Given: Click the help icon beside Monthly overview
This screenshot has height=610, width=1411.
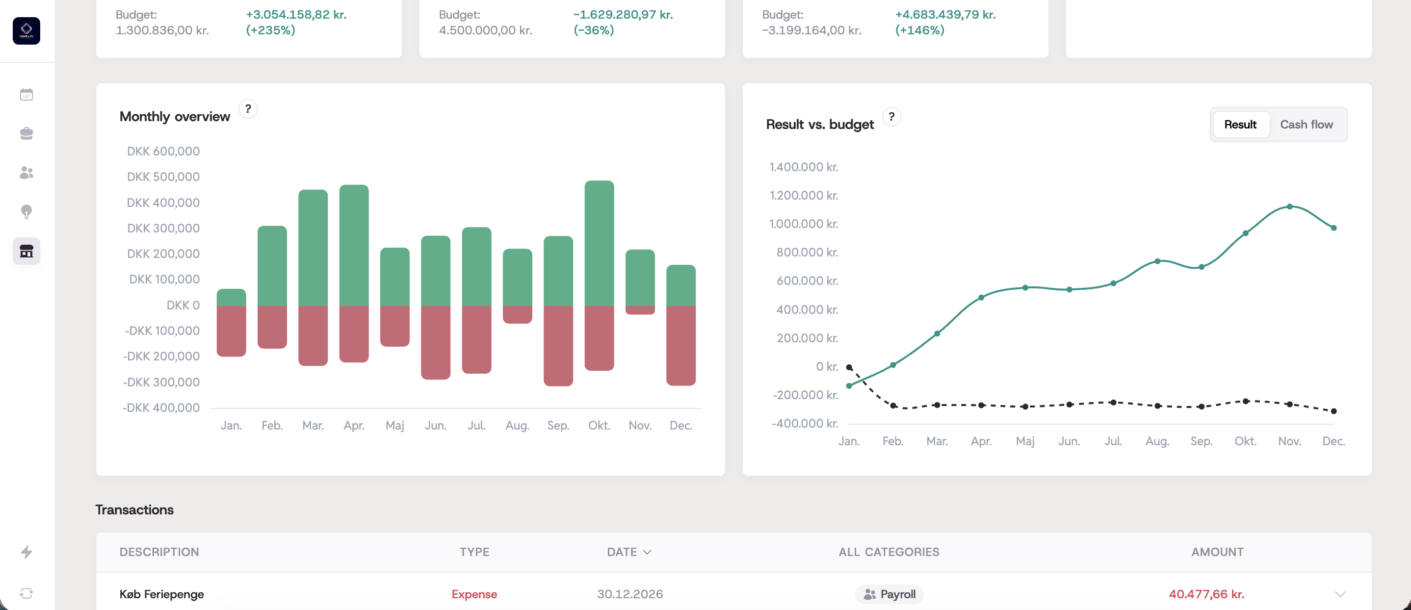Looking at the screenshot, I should point(248,109).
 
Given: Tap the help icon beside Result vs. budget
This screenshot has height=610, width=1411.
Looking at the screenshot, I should point(891,117).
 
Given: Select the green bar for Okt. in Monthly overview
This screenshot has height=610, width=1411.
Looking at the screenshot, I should point(599,243).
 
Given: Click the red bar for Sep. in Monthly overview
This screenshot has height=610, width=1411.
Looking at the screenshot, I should point(558,346).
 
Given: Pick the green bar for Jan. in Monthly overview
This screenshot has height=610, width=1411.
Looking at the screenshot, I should point(231,297).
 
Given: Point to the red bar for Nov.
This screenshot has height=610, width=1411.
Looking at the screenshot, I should point(640,310).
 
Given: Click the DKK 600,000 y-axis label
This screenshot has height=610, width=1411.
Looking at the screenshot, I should point(163,151).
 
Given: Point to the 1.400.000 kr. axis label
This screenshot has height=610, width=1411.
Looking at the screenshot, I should point(804,167).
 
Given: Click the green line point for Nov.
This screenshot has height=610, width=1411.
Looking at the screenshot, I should point(1289,206).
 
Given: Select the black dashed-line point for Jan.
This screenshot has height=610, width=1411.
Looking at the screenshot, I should point(849,367).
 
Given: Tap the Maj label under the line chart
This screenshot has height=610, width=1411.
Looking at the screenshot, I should point(1025,441).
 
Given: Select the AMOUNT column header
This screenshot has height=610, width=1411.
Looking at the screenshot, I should point(1217,552).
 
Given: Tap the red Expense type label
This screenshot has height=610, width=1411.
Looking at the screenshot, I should point(474,594).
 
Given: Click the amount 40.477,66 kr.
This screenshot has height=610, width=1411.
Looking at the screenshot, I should point(1206,594).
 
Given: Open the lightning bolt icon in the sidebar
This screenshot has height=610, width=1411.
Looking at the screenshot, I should point(26,552).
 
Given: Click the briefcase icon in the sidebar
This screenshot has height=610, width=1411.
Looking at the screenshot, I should point(26,133).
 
